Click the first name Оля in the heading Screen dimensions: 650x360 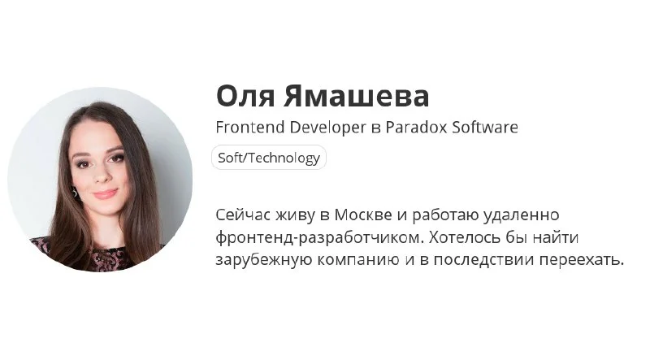(245, 96)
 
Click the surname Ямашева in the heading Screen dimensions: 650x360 (357, 96)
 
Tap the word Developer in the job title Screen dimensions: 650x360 (327, 128)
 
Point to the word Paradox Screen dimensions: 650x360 (416, 127)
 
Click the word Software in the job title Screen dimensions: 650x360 (485, 127)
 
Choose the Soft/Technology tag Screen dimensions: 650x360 (269, 158)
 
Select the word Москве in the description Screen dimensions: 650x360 (363, 215)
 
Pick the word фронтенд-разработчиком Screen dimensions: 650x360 (319, 238)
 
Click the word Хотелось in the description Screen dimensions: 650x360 (464, 237)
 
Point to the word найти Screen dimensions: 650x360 (556, 237)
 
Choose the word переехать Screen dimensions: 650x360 (582, 261)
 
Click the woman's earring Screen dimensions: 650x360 (75, 193)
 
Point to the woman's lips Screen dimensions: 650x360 (105, 193)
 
